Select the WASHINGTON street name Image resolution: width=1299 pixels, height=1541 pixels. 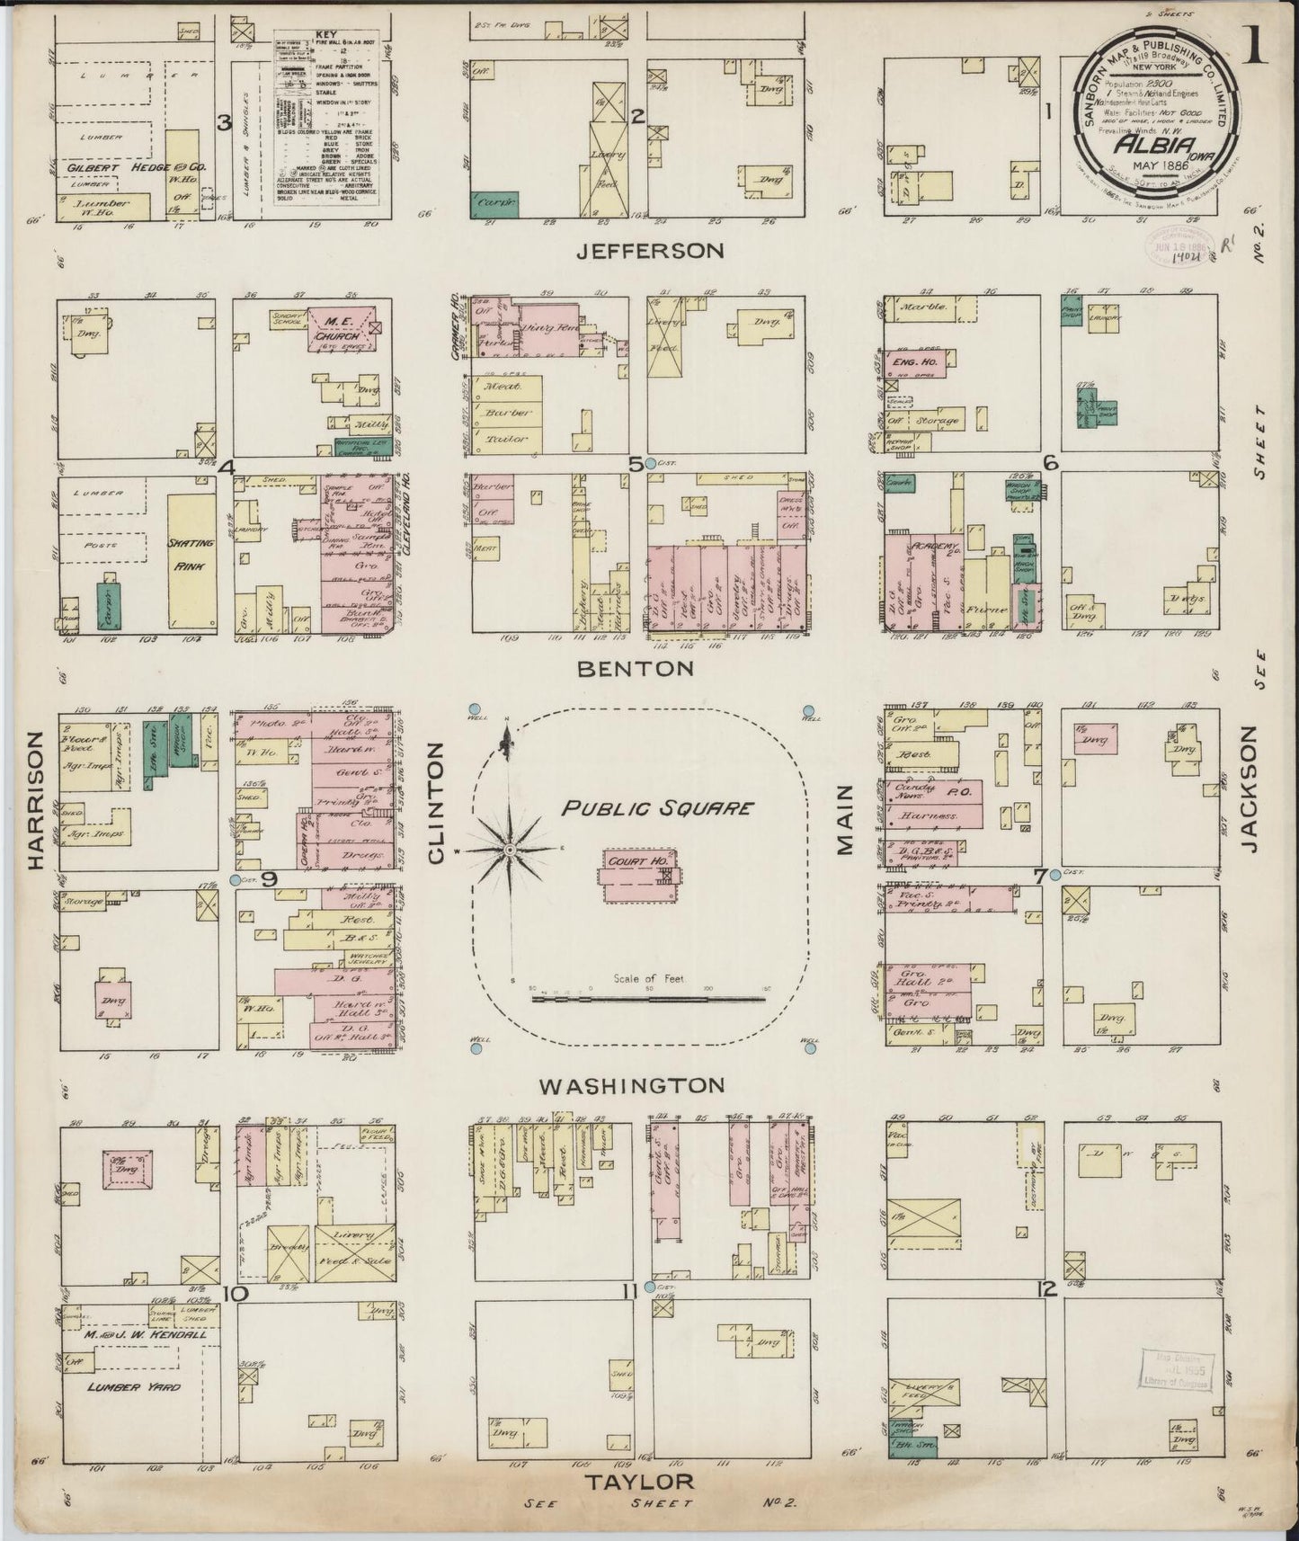tap(631, 1085)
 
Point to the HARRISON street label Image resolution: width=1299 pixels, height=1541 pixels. tap(34, 800)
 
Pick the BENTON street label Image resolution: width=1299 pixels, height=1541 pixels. tap(636, 668)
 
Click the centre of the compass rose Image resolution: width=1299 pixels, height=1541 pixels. tap(509, 850)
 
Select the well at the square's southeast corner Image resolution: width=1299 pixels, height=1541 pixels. tap(810, 1047)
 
